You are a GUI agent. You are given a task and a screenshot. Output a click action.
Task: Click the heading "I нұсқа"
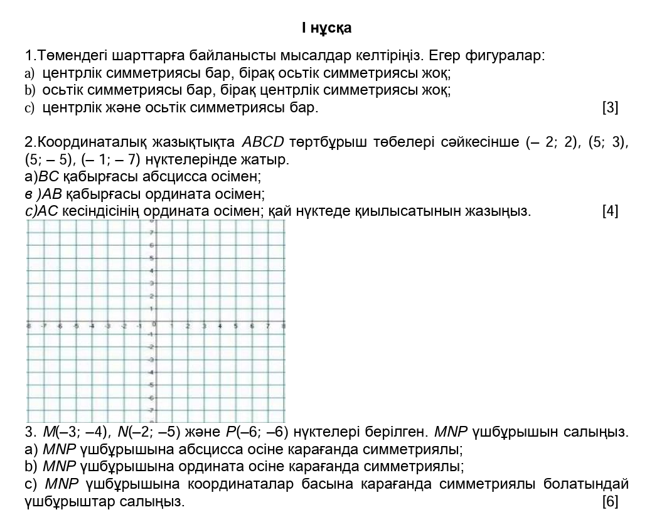[x=326, y=28]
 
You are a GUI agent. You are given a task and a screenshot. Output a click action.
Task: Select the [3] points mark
[x=610, y=108]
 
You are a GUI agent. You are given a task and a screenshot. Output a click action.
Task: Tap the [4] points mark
[x=610, y=211]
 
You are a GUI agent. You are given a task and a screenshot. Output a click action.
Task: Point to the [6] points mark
[x=610, y=501]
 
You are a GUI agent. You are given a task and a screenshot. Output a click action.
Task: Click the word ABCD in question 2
[x=263, y=142]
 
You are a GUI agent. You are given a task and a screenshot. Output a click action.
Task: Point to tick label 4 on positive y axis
[x=151, y=271]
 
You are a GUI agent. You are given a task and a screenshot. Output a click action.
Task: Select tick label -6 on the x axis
[x=58, y=326]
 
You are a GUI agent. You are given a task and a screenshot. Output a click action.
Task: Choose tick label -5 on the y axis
[x=151, y=385]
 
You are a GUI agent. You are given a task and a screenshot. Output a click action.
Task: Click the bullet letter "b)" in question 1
[x=30, y=90]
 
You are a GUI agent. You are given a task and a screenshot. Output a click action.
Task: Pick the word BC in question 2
[x=47, y=176]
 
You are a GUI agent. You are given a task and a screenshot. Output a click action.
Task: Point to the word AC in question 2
[x=48, y=211]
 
